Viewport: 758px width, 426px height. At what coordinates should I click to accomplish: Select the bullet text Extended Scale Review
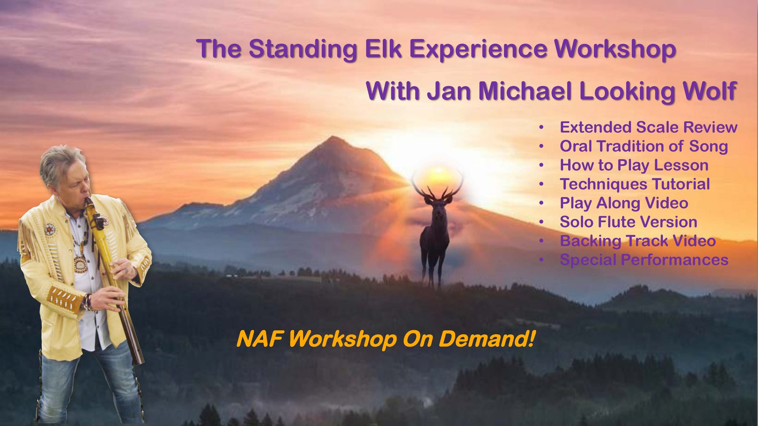coord(648,127)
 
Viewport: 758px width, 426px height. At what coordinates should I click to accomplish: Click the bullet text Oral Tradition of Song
coord(644,146)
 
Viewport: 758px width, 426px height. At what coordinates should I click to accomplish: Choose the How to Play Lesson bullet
coord(634,165)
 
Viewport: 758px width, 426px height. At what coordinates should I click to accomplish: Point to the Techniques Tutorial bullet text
coord(635,184)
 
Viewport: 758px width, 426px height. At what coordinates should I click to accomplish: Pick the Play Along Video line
coord(624,203)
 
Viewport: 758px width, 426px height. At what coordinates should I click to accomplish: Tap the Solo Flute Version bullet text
coord(628,222)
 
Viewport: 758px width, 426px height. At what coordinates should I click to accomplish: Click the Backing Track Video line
coord(638,241)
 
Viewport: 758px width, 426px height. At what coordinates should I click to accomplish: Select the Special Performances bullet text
coord(644,260)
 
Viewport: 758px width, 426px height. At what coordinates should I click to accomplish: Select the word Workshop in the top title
coord(615,49)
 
